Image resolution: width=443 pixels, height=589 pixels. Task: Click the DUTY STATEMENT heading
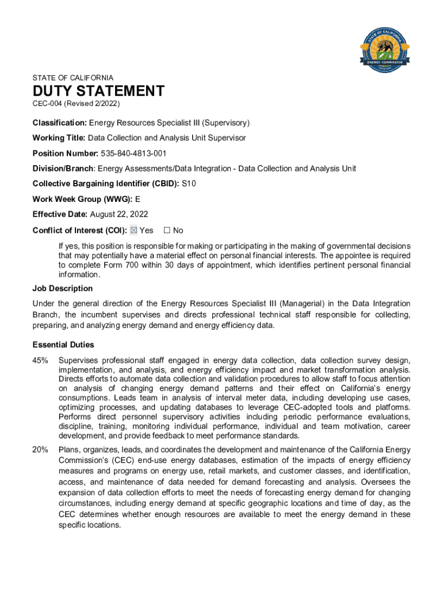(98, 91)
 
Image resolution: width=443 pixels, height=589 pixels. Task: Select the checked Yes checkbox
(133, 230)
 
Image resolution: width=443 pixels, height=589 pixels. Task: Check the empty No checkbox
(167, 230)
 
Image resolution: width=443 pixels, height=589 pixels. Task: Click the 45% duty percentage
(40, 361)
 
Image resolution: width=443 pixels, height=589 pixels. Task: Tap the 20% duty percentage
(40, 449)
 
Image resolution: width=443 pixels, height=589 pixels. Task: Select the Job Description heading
(63, 288)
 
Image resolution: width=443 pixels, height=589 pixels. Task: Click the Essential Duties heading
(63, 345)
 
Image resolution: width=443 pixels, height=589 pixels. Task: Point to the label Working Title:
(59, 138)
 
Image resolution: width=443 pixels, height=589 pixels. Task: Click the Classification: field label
(59, 123)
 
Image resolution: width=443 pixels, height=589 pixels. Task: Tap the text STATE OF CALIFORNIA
(73, 78)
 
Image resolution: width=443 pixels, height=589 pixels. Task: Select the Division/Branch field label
(63, 169)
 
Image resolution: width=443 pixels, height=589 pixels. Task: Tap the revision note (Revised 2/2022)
(92, 104)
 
